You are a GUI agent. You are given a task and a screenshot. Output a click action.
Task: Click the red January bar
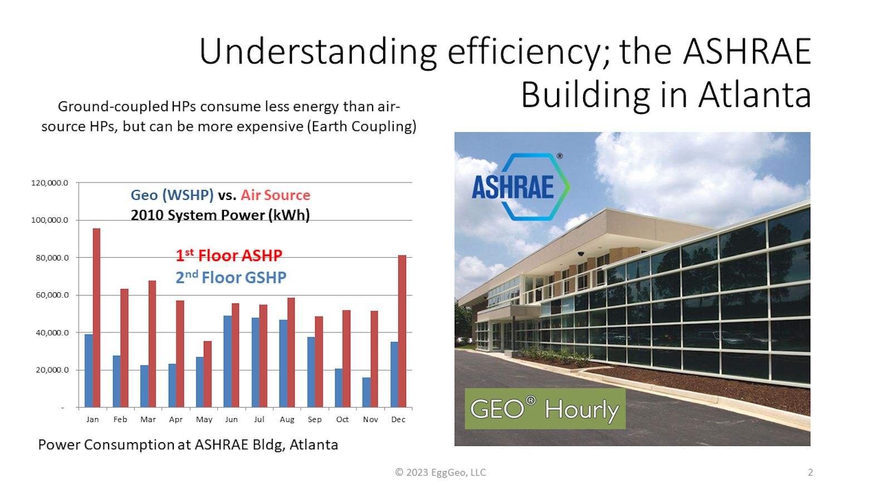[96, 318]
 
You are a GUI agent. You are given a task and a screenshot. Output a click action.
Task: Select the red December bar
[402, 331]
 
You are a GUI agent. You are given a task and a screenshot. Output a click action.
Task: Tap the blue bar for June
[227, 361]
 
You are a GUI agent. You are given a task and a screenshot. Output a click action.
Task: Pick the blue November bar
[366, 393]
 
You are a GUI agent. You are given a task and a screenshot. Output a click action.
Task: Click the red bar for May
[207, 374]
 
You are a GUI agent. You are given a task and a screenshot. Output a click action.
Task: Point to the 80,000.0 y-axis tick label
[52, 258]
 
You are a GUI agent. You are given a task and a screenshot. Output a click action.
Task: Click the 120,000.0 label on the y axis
[50, 183]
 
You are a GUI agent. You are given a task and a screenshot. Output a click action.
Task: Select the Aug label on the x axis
[287, 420]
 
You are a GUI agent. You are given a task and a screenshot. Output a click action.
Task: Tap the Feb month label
[120, 420]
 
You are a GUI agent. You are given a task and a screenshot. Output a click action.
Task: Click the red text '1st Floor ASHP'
[229, 256]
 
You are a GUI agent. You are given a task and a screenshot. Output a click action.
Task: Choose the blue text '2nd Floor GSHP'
[231, 277]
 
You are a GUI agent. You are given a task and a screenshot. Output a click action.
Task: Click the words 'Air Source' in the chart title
[275, 195]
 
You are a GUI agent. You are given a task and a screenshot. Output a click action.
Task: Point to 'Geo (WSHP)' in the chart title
[172, 195]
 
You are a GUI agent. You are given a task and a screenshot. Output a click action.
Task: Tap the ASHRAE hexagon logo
[521, 187]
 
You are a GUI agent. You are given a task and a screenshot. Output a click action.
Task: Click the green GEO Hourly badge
[545, 409]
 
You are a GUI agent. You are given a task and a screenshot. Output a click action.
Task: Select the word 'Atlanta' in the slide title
[755, 95]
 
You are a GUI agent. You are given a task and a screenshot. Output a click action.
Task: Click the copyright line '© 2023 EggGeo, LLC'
[441, 472]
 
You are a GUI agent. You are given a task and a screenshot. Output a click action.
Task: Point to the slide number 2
[810, 472]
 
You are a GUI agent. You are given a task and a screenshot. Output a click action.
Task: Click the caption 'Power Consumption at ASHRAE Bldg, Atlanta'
[188, 445]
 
